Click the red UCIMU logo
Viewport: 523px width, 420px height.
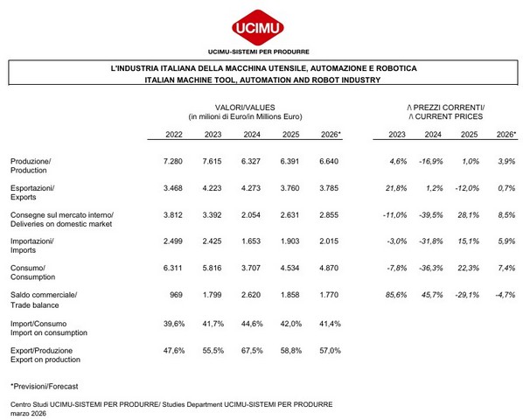point(258,28)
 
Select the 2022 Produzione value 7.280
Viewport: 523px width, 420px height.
point(173,162)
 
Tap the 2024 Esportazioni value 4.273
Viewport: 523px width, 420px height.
point(251,188)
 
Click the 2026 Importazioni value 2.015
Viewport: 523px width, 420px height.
point(329,241)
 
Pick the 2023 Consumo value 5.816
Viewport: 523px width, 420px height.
point(212,268)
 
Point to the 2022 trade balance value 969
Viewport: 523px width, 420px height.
point(176,295)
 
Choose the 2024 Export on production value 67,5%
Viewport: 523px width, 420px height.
point(252,351)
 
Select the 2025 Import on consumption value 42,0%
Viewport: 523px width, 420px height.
point(291,324)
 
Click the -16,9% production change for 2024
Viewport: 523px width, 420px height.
point(431,162)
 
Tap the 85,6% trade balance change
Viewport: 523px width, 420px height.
point(396,295)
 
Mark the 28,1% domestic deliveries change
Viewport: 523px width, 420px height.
point(468,215)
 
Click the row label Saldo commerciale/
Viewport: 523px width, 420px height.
point(44,295)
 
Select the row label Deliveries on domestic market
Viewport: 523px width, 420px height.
point(61,224)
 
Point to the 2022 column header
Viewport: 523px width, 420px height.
point(174,135)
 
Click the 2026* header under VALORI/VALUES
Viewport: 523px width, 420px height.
point(331,135)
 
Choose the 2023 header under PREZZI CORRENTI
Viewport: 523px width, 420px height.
point(397,135)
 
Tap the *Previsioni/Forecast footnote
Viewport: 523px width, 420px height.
point(45,386)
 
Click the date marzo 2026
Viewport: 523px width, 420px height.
point(28,414)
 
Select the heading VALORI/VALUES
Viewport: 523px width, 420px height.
point(245,108)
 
